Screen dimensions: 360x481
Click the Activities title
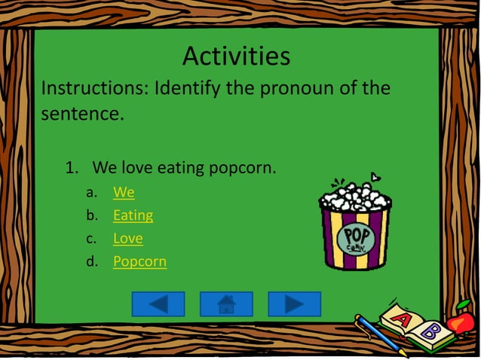(236, 56)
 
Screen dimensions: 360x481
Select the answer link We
(124, 192)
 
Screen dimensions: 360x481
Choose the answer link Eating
(133, 215)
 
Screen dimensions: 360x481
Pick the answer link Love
(127, 239)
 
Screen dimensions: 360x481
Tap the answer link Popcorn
(139, 262)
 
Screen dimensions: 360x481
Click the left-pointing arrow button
(158, 304)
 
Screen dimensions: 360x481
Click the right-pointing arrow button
(294, 304)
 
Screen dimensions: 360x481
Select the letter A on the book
(403, 321)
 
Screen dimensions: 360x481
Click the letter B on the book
(429, 331)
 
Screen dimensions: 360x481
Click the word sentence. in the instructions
(81, 115)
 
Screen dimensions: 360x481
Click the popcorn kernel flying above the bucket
(375, 177)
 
